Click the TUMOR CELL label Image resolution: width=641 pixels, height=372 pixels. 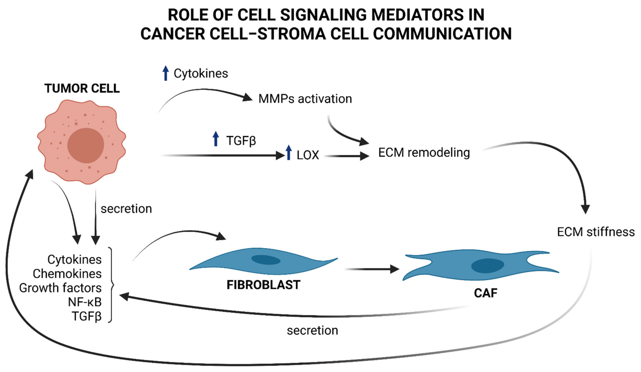(82, 88)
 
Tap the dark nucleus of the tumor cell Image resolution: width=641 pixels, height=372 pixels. (86, 145)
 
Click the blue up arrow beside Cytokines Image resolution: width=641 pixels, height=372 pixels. (166, 73)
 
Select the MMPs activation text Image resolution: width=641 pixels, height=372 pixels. (305, 99)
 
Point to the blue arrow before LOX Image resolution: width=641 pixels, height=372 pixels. (289, 153)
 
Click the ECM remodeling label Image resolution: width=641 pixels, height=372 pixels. (424, 153)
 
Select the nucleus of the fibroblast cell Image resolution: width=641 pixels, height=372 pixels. (266, 260)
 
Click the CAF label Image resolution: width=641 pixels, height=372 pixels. (486, 293)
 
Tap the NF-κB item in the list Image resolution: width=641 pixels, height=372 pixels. (85, 302)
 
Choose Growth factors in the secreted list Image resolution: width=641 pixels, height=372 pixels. (60, 288)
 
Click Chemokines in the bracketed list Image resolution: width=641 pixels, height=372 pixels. (67, 274)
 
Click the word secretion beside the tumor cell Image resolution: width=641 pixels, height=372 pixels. (126, 209)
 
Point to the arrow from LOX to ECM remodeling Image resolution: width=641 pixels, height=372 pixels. (347, 156)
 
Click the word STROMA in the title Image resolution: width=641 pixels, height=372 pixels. (292, 34)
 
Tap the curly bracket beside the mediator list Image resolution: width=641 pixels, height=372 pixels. (111, 285)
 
